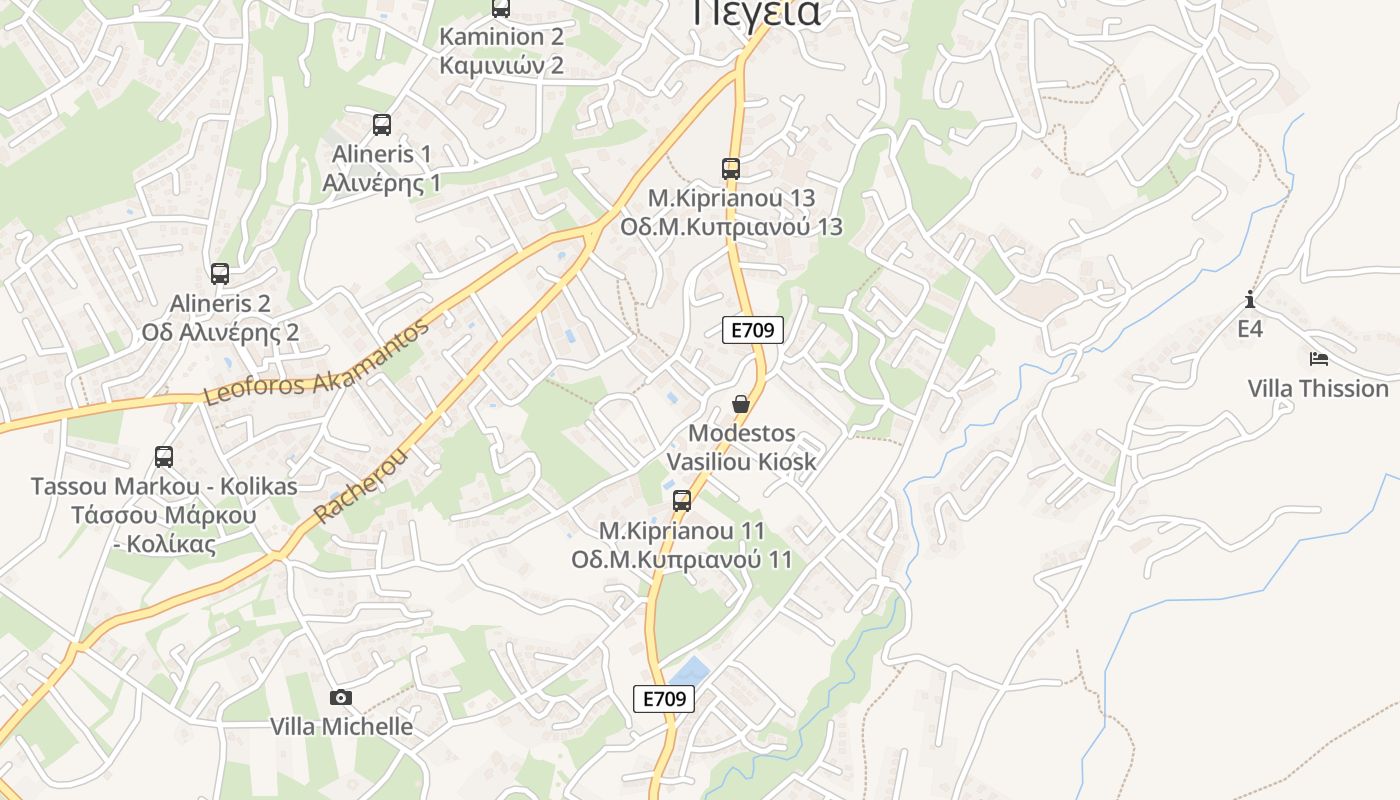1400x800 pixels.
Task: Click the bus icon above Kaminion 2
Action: pos(501,8)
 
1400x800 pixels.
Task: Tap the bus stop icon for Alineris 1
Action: pos(382,125)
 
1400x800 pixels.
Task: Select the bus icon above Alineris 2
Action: pos(220,273)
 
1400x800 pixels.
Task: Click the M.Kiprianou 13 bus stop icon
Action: pos(731,169)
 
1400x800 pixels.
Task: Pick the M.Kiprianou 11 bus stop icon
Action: pos(682,501)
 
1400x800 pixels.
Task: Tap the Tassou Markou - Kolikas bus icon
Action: pos(164,457)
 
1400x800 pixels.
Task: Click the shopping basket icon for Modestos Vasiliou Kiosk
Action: pos(741,404)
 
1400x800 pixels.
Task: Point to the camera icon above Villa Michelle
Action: pos(341,697)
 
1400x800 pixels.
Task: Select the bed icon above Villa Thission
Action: pos(1318,358)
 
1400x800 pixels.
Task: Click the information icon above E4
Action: pos(1250,299)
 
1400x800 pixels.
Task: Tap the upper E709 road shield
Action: pos(752,330)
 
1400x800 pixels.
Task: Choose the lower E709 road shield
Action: pos(664,699)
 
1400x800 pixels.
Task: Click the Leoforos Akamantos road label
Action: pos(318,362)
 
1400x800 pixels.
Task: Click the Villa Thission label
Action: pos(1318,388)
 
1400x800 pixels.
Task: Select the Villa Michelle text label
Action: pos(341,727)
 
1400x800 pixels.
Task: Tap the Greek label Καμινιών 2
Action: pos(501,66)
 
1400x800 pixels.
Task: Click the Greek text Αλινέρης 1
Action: pos(381,184)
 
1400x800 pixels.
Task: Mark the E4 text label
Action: pos(1250,329)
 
